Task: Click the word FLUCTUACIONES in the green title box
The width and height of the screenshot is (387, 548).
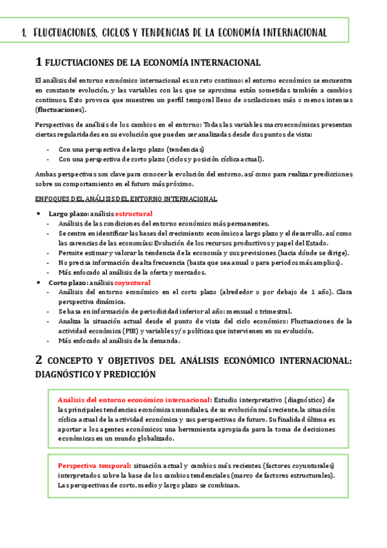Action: (62, 32)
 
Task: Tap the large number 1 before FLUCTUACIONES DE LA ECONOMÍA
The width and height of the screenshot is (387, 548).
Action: (39, 62)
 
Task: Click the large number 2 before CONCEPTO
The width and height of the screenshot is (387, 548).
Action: (39, 359)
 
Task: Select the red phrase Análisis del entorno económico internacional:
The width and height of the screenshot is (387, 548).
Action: (134, 399)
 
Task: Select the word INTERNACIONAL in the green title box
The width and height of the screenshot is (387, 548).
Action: (295, 32)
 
